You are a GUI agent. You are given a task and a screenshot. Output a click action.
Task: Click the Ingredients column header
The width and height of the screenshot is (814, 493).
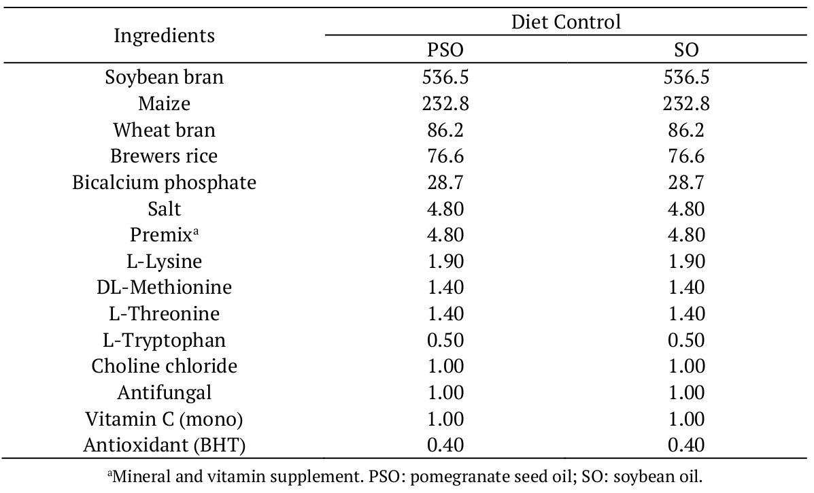[x=164, y=35]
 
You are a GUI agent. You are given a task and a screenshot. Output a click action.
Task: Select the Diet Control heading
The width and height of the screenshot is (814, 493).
[x=566, y=22]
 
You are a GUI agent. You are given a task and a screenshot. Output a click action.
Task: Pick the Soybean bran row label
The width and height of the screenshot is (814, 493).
[x=164, y=78]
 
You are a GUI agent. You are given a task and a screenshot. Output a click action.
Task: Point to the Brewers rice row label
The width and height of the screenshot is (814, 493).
[x=164, y=156]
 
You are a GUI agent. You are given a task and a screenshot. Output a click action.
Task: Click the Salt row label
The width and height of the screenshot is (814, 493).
[x=164, y=209]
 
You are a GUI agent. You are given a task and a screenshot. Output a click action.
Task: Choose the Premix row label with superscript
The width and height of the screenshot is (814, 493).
[x=164, y=235]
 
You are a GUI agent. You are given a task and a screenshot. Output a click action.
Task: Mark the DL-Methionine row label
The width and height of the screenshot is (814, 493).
[x=164, y=287]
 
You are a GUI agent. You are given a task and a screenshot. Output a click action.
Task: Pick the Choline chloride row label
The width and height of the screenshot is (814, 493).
[x=164, y=366]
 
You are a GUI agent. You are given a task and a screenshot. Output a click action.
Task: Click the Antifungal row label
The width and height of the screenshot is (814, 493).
[x=164, y=392]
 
